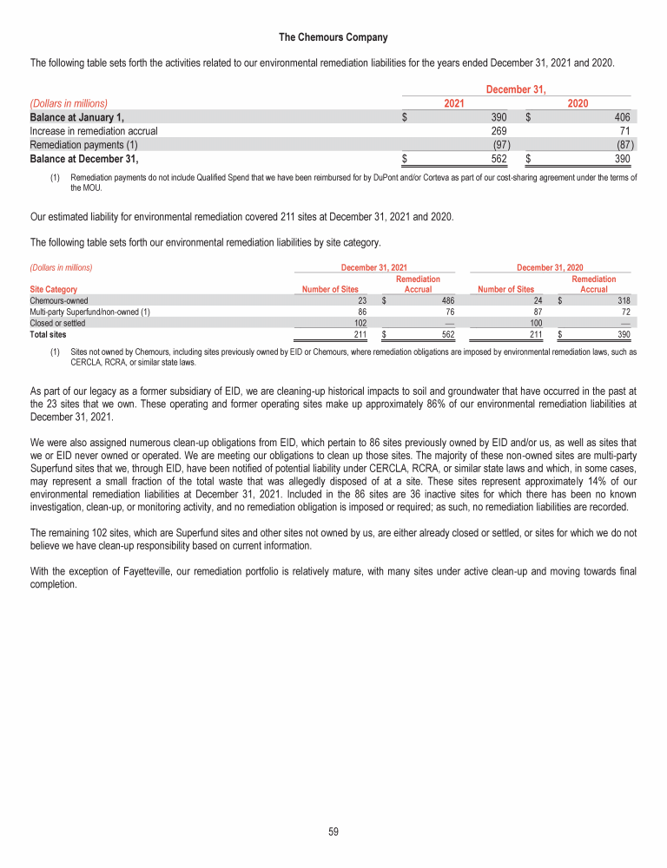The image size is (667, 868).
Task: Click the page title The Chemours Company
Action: [x=333, y=37]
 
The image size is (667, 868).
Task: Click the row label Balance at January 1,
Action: [x=77, y=117]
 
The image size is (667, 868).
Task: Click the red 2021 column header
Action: [x=452, y=103]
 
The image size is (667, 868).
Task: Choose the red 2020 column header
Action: [x=578, y=103]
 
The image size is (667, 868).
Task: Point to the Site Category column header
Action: [x=53, y=289]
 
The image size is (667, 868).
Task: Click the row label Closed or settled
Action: [x=57, y=322]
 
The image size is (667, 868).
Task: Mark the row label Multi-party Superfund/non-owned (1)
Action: [x=89, y=312]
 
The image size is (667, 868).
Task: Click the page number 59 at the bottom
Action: [x=333, y=832]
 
